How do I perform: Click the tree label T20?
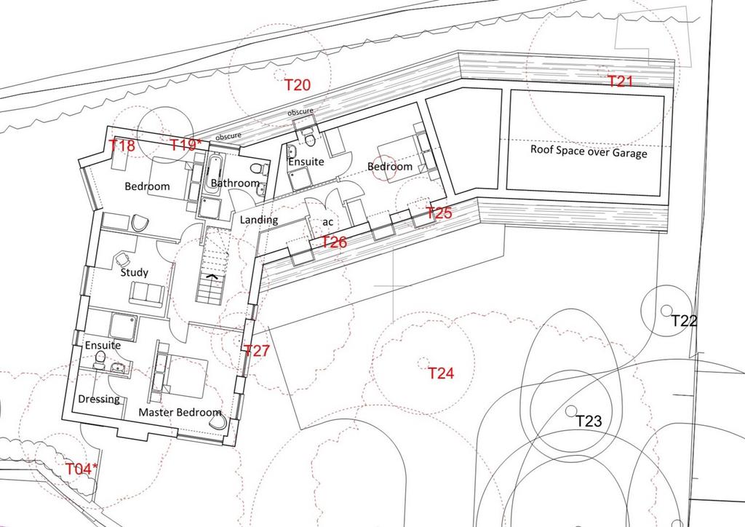pos(298,85)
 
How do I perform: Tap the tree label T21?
pos(621,82)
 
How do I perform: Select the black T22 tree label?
pos(684,321)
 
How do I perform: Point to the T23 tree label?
pos(589,421)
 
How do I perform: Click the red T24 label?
pos(441,373)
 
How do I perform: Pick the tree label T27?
pos(257,351)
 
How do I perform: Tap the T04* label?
pos(81,469)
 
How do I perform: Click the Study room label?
pos(134,273)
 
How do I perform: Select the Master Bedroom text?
pos(180,412)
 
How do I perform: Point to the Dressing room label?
pos(99,399)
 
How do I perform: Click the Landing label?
pos(258,220)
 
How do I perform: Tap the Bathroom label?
pos(235,183)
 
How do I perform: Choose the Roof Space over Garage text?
pos(589,151)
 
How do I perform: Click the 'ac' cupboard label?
pos(328,222)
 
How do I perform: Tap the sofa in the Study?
pos(147,293)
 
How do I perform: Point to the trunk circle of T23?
pos(571,411)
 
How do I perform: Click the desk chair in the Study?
pos(122,258)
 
